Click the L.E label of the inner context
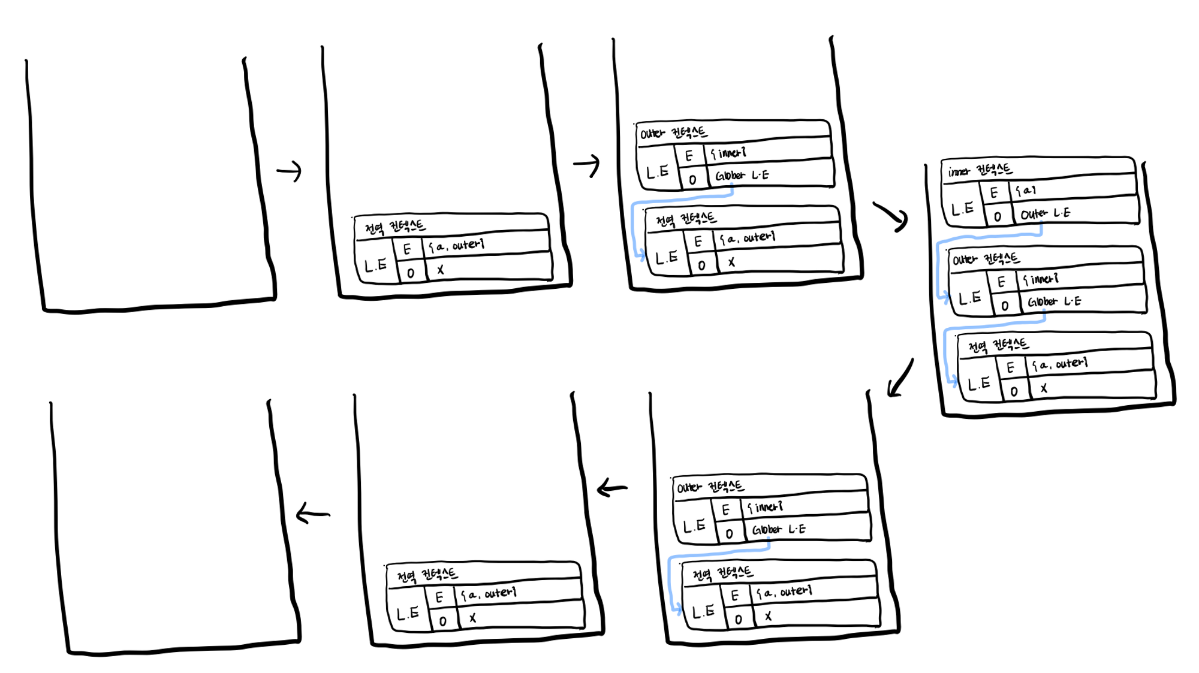(962, 209)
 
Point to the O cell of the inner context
(998, 216)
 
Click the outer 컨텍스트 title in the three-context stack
(986, 259)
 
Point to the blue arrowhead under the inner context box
(945, 297)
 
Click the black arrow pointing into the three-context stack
(891, 216)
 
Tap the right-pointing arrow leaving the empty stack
(289, 171)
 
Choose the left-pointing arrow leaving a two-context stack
(612, 488)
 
